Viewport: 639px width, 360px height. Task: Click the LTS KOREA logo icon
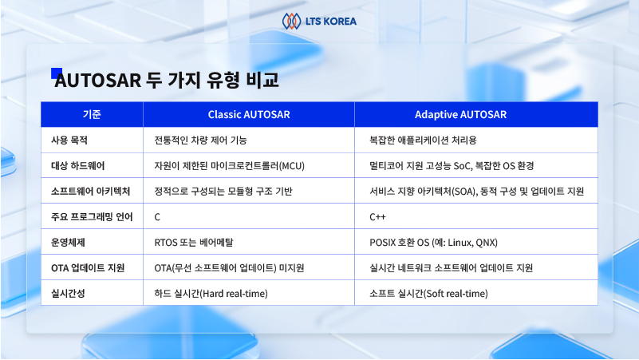[291, 22]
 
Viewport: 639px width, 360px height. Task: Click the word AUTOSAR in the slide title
[98, 80]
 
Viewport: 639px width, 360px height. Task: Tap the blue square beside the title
[56, 73]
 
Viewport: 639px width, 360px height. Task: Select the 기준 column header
[92, 115]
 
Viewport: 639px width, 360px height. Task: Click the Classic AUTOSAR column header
[249, 115]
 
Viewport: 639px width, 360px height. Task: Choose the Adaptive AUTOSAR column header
[460, 115]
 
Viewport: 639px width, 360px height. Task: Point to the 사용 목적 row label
[69, 140]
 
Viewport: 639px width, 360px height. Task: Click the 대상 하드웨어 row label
[78, 166]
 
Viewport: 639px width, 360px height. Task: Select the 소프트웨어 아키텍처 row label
[90, 192]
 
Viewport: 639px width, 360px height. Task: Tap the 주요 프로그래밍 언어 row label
[92, 217]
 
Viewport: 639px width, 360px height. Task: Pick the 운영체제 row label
[68, 243]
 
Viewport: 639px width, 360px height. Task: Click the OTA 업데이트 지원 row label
[88, 268]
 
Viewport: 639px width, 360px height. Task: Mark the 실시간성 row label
[68, 294]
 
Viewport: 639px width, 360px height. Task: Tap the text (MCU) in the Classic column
[292, 166]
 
